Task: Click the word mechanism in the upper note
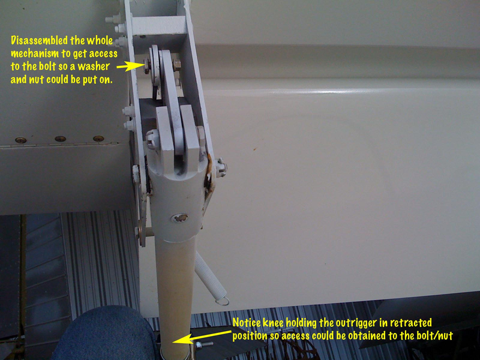point(35,53)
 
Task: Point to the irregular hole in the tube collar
point(180,218)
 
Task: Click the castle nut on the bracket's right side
point(221,167)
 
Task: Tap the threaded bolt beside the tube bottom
point(203,345)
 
